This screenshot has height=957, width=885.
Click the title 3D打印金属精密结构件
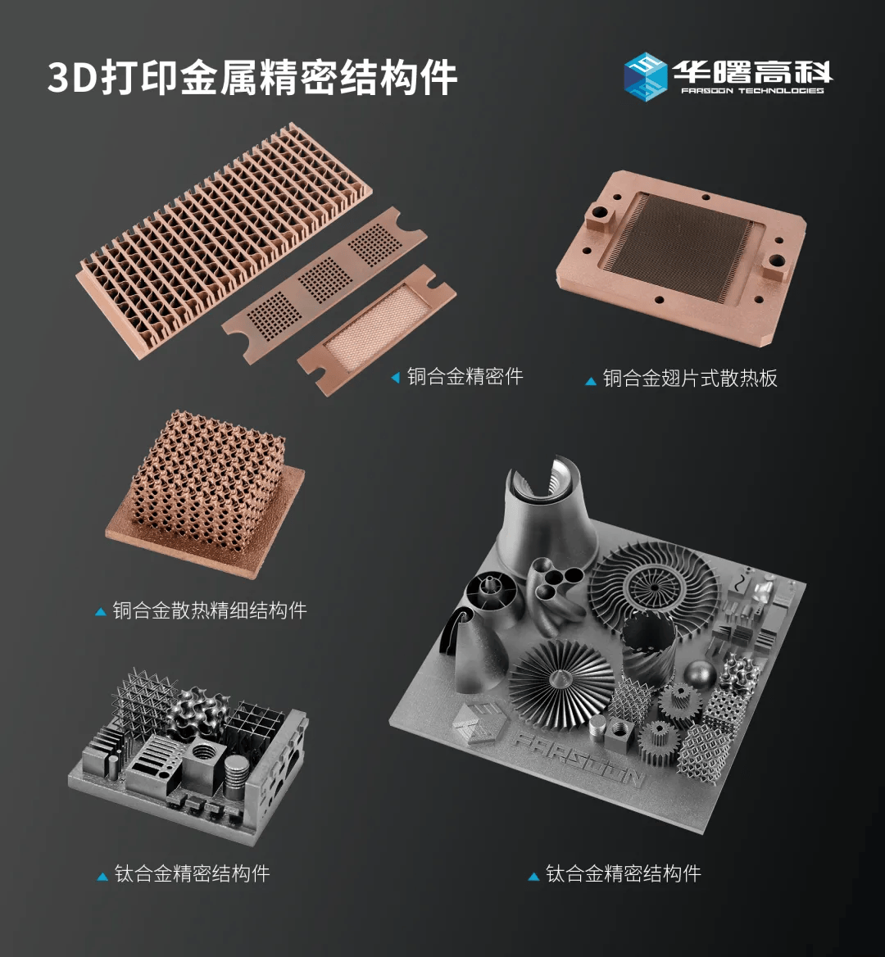[252, 77]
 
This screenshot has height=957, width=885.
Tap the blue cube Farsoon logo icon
[645, 76]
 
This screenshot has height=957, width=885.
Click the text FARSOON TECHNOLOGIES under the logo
[752, 90]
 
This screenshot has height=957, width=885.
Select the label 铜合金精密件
[465, 377]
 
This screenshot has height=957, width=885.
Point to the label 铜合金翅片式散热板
[690, 379]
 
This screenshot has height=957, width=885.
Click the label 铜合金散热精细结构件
[210, 610]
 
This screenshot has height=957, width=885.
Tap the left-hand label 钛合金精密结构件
[193, 873]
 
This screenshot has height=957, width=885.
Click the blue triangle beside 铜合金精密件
[396, 378]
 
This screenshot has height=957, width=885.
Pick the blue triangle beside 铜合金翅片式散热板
[590, 382]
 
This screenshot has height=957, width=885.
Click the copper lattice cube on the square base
[206, 481]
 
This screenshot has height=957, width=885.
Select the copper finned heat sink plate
[681, 256]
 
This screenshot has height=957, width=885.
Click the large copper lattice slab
[224, 240]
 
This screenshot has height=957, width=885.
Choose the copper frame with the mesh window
[377, 329]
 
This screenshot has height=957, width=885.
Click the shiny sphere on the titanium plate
[700, 672]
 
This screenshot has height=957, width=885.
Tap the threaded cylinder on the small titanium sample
[237, 777]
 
